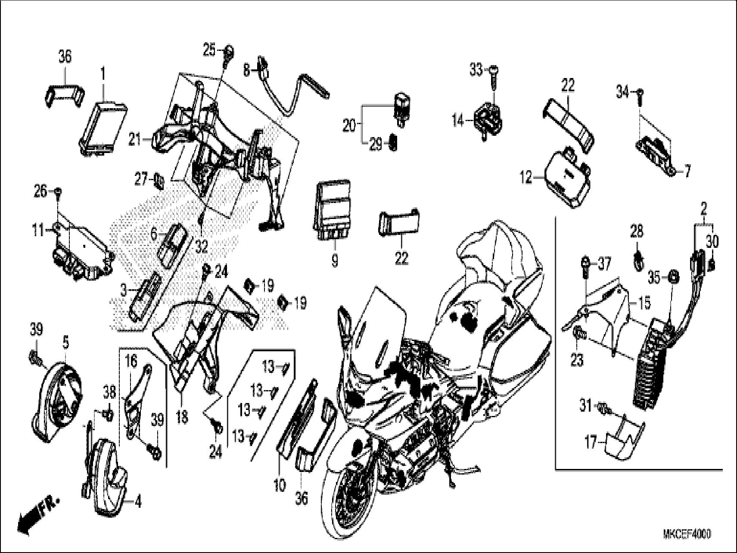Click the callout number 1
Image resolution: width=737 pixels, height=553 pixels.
coord(103,75)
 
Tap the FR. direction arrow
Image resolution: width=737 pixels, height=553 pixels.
coord(37,515)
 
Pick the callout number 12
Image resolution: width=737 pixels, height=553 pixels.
coord(527,178)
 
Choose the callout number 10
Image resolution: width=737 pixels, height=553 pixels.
coord(280,486)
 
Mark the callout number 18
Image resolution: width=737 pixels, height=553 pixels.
coord(182,417)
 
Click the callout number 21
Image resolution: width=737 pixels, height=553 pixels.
coord(135,139)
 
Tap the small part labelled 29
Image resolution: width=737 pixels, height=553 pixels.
coord(393,143)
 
